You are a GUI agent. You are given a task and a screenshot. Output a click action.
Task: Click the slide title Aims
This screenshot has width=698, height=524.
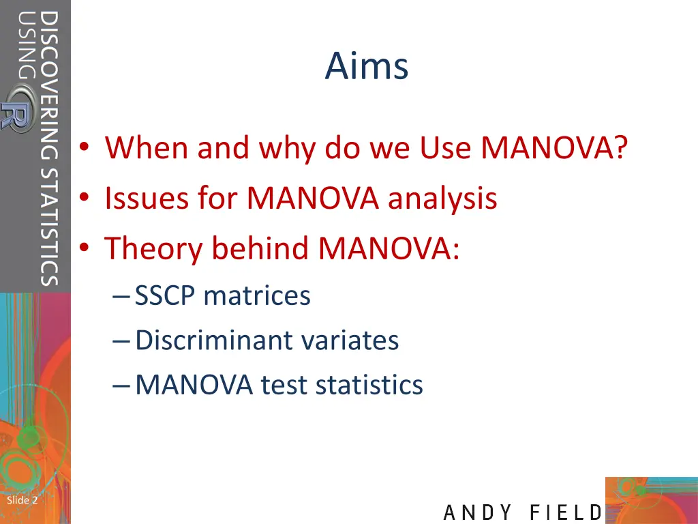(x=367, y=67)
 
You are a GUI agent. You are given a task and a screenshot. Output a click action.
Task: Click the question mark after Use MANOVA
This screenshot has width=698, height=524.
(x=619, y=147)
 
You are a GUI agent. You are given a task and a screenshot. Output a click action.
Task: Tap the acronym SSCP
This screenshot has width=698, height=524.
(x=165, y=296)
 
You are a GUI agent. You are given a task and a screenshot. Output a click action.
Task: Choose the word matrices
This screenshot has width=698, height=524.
(x=257, y=296)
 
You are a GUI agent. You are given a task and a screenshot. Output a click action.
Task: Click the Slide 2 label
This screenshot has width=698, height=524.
(x=22, y=501)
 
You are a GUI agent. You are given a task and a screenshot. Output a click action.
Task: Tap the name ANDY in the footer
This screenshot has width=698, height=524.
(x=478, y=512)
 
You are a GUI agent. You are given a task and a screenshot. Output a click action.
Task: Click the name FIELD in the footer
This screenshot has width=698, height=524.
(x=566, y=512)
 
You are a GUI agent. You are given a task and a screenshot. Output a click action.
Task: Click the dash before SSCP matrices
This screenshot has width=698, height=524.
(x=120, y=296)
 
